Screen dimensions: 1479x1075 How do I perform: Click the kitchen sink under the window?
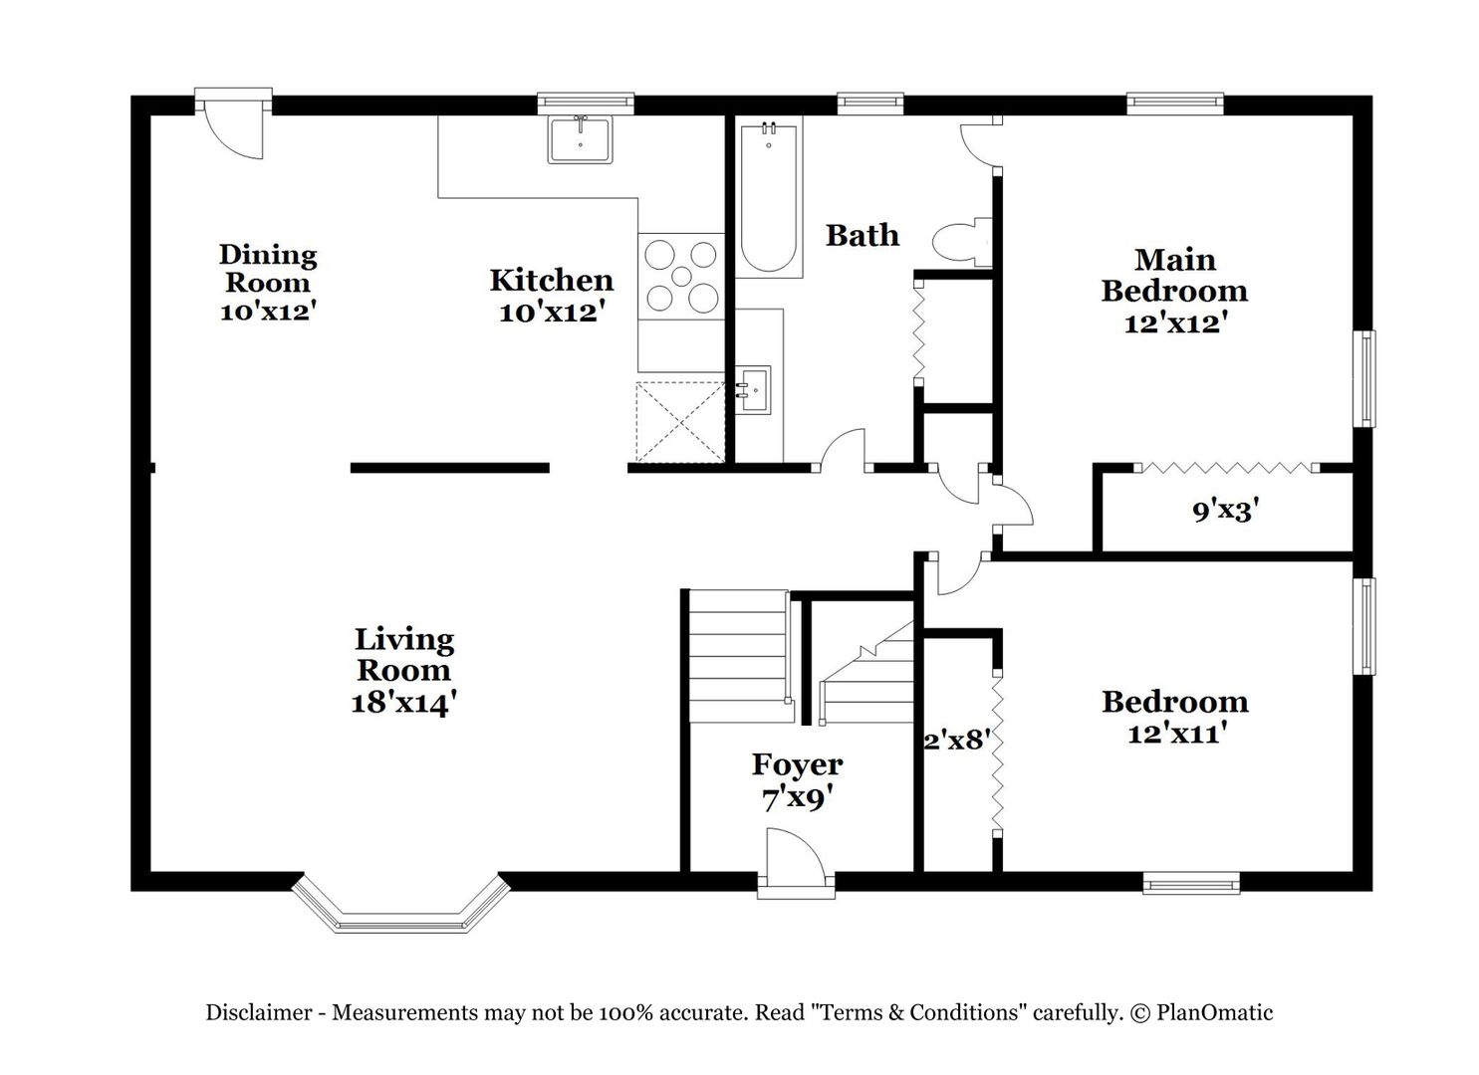580,139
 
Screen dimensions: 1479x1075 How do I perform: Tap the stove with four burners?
680,277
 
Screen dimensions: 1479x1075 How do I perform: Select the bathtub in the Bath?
769,197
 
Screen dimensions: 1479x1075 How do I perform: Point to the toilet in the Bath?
962,242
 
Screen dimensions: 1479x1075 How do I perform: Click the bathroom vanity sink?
753,390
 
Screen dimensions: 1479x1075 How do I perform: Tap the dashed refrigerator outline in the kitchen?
680,422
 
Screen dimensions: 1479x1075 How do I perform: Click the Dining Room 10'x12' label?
267,282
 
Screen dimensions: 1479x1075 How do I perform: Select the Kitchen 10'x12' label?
552,296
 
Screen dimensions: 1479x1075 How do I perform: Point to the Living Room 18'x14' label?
404,671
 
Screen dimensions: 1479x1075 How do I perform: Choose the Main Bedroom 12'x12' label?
1174,291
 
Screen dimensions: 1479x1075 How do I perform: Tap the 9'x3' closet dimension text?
1226,510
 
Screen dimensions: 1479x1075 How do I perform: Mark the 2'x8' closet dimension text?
958,740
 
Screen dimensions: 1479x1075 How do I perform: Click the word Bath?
863,236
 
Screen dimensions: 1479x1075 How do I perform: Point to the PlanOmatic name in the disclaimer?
1214,1013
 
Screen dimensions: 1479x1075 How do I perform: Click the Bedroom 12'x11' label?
1175,716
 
